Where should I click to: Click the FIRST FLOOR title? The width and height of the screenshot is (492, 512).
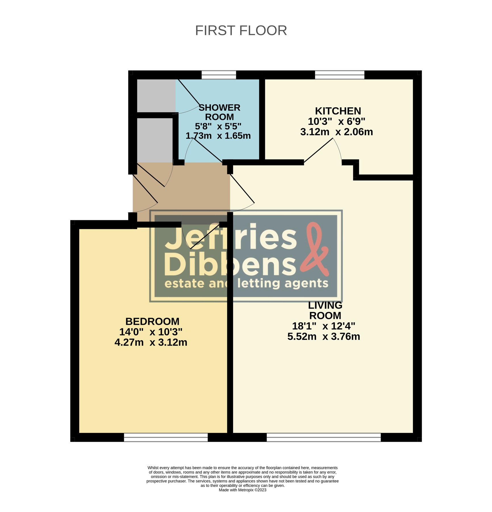click(x=241, y=31)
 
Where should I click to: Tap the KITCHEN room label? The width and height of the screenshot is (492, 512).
click(x=338, y=111)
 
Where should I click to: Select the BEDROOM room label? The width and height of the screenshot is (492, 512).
click(x=152, y=321)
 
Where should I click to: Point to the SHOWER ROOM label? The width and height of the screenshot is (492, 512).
click(x=219, y=112)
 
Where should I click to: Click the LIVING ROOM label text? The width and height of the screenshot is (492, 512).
click(x=325, y=310)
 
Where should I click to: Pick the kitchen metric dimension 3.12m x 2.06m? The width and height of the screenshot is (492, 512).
click(x=337, y=132)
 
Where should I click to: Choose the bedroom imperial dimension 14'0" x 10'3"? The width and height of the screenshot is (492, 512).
click(x=151, y=332)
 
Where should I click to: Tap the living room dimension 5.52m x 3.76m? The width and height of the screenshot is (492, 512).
click(x=324, y=336)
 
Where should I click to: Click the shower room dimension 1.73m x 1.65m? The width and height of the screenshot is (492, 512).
click(x=218, y=136)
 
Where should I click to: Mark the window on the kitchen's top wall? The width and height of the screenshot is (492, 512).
click(x=340, y=75)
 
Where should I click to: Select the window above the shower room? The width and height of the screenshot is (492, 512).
click(x=219, y=75)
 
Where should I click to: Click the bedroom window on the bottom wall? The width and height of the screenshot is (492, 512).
click(x=166, y=437)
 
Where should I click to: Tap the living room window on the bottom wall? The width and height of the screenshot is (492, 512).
click(x=323, y=437)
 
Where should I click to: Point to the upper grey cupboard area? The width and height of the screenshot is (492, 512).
click(x=156, y=96)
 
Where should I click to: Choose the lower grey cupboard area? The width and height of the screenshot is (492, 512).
click(x=155, y=140)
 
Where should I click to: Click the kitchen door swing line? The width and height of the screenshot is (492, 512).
click(x=318, y=150)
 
